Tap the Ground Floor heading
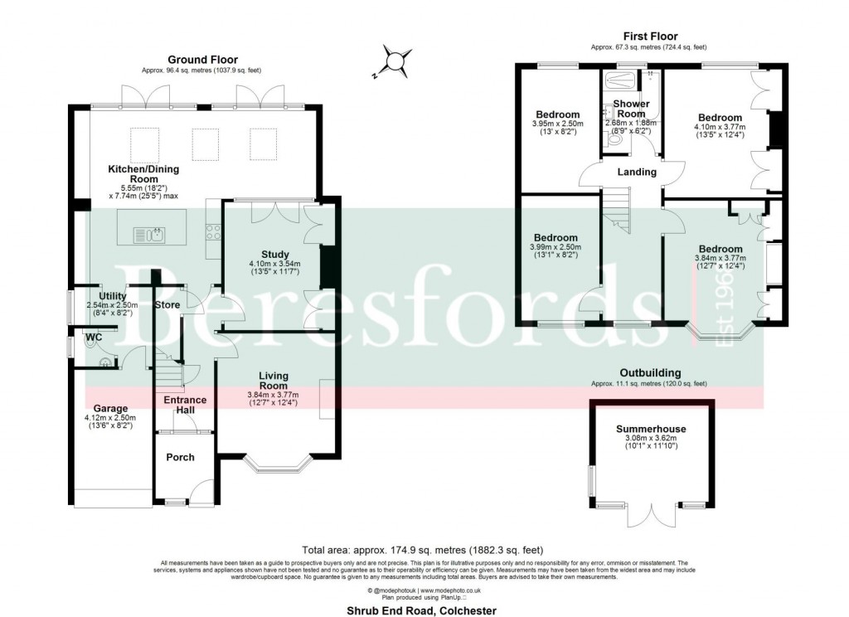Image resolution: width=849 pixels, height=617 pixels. (202, 60)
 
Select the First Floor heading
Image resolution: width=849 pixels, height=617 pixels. (650, 36)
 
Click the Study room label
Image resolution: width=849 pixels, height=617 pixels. (274, 255)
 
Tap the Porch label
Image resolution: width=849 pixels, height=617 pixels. (181, 457)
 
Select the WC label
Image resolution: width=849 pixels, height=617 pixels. (93, 338)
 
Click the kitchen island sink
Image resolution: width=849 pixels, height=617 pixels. (156, 236)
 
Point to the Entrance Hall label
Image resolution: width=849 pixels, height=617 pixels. (185, 406)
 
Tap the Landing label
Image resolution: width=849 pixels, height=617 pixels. (637, 172)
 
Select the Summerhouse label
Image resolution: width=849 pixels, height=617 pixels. (651, 429)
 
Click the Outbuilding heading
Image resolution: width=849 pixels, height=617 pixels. (650, 373)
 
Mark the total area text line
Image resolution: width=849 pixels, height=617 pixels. (423, 549)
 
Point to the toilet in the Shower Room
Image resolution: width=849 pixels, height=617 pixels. (614, 142)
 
